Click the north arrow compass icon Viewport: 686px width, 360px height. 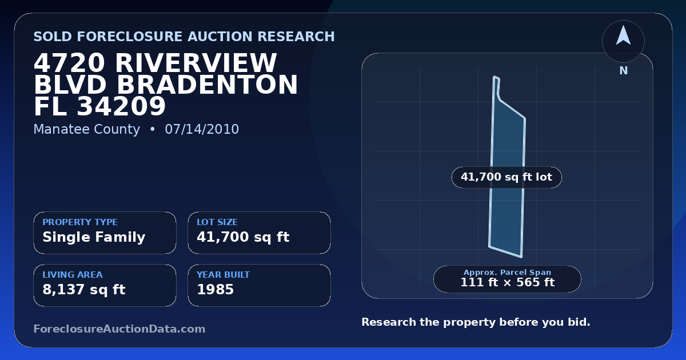coord(623,41)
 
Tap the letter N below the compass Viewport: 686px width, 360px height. coord(624,71)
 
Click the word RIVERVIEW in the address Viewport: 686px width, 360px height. coord(196,63)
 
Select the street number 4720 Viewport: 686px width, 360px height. coord(69,63)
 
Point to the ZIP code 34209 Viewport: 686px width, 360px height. coord(121,106)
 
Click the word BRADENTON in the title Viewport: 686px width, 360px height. coord(208,85)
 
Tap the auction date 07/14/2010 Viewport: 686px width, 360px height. coord(202,129)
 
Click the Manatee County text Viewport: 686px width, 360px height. coord(87,129)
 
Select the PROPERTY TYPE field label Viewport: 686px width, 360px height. coord(80,222)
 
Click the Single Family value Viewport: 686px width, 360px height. coord(94,237)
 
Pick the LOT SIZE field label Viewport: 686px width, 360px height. coord(217,222)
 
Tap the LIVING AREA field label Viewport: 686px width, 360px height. coord(73,275)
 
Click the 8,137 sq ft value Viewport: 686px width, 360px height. coord(84,290)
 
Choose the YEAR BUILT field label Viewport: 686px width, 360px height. coord(224,275)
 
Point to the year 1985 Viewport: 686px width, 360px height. coord(216,290)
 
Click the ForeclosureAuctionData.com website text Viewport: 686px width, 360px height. coord(119,329)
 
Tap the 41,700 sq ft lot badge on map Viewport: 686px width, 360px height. coord(506,177)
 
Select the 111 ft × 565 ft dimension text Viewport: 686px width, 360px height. coord(508,282)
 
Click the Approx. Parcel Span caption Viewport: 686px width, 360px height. coord(508,272)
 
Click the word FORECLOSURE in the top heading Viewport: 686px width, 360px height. coord(132,37)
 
